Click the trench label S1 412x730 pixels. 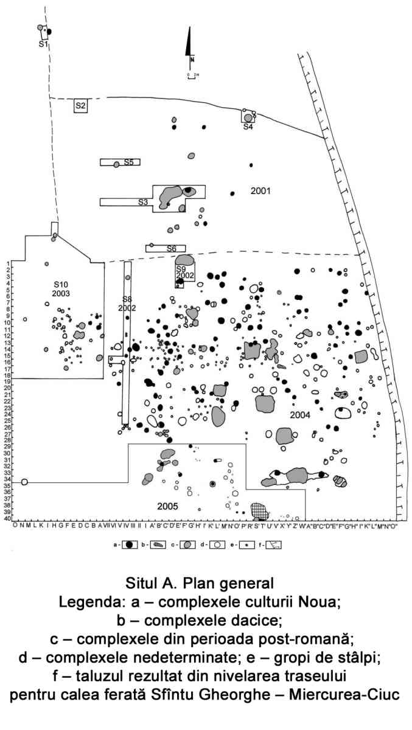point(43,44)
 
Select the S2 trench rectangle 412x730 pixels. point(80,106)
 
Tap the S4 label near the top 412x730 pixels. point(248,127)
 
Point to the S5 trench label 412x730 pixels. point(129,162)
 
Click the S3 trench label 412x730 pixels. point(142,202)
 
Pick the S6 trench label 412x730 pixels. point(172,248)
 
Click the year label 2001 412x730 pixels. point(260,191)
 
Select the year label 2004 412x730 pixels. point(300,415)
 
